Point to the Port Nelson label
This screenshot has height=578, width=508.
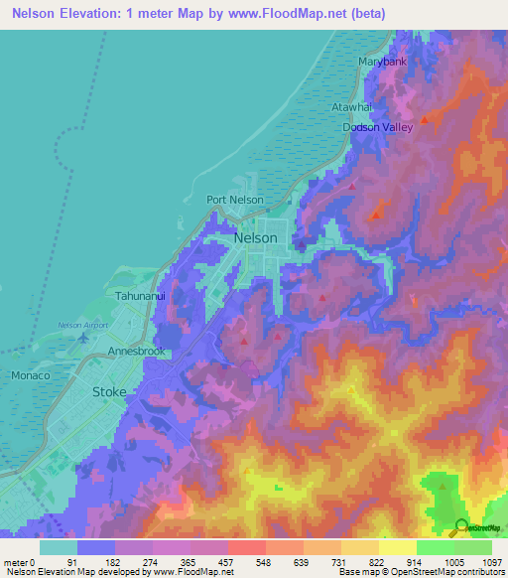[x=234, y=200]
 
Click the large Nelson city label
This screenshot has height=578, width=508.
[x=255, y=239]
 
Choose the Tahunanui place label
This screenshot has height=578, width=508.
[x=137, y=296]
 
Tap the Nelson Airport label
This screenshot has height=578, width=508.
[x=84, y=326]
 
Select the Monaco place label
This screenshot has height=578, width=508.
[x=30, y=376]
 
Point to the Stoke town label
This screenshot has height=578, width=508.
[x=109, y=391]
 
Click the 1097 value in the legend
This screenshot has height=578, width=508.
[x=491, y=560]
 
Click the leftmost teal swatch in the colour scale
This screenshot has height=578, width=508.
[x=59, y=547]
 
